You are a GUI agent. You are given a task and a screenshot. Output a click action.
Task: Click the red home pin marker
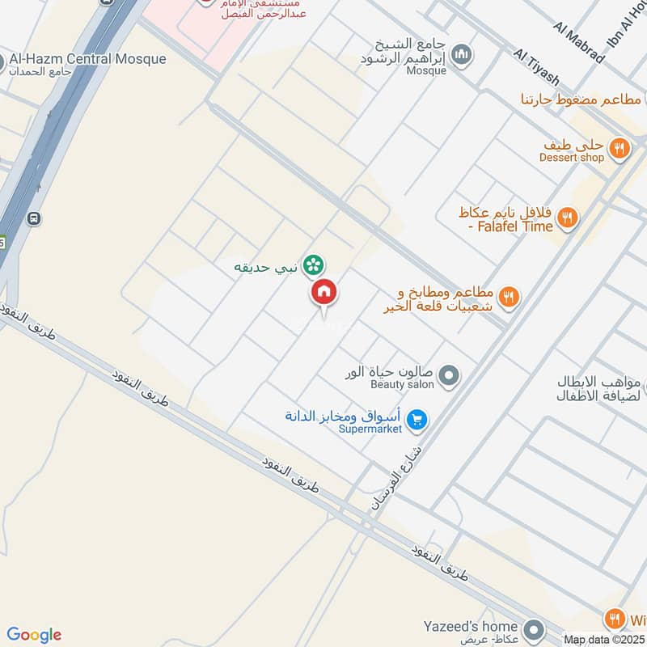(x=324, y=293)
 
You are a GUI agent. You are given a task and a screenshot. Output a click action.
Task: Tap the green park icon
(x=314, y=264)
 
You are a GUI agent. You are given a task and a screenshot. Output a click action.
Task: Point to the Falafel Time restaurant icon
(x=567, y=217)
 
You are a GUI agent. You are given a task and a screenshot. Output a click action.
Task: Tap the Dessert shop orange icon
(x=619, y=148)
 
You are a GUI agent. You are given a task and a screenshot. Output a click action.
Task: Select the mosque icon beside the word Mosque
(x=462, y=55)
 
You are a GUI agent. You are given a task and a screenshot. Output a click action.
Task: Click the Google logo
(x=34, y=635)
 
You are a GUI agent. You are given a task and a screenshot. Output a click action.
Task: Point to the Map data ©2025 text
(x=603, y=640)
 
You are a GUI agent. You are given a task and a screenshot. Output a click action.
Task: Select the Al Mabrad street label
(x=579, y=43)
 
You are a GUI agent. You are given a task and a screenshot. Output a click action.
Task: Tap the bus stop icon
(x=33, y=218)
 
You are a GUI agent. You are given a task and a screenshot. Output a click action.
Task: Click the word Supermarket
(x=370, y=429)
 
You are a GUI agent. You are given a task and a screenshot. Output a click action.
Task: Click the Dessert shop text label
(x=572, y=158)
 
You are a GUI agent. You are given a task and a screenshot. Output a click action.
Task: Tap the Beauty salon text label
(x=403, y=385)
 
